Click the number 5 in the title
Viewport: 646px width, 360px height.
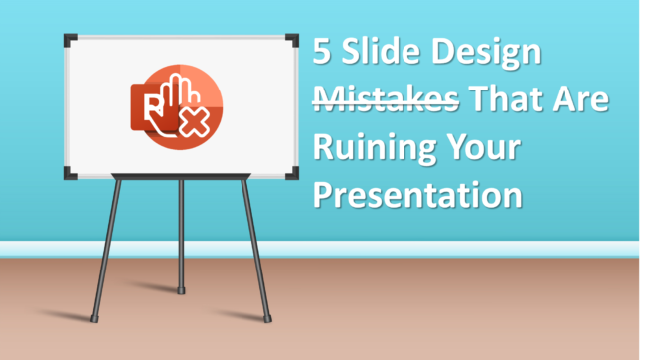(x=323, y=54)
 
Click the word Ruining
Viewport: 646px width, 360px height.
(x=368, y=147)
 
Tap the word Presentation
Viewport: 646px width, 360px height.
(x=417, y=195)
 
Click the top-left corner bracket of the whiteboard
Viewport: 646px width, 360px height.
(x=71, y=41)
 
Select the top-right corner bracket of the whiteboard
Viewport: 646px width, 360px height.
(x=290, y=41)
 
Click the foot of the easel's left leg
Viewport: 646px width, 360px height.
(x=95, y=318)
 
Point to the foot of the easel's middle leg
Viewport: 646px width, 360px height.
(x=181, y=289)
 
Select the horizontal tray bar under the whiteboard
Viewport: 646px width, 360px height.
(x=180, y=179)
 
